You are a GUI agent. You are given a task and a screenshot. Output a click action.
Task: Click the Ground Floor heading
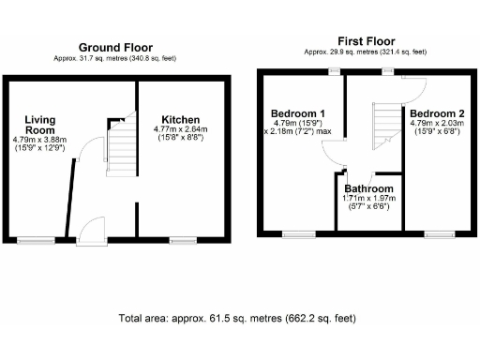(x=115, y=47)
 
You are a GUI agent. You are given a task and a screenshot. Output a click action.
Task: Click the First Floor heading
(x=367, y=40)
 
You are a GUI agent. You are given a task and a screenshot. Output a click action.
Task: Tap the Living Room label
(x=40, y=126)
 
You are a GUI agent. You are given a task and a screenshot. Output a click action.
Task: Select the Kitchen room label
(x=180, y=120)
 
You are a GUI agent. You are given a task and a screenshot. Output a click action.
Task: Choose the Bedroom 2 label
(x=433, y=111)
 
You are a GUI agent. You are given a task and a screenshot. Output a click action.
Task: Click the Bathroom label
(x=370, y=187)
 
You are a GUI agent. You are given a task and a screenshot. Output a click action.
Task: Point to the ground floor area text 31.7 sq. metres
(x=115, y=58)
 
